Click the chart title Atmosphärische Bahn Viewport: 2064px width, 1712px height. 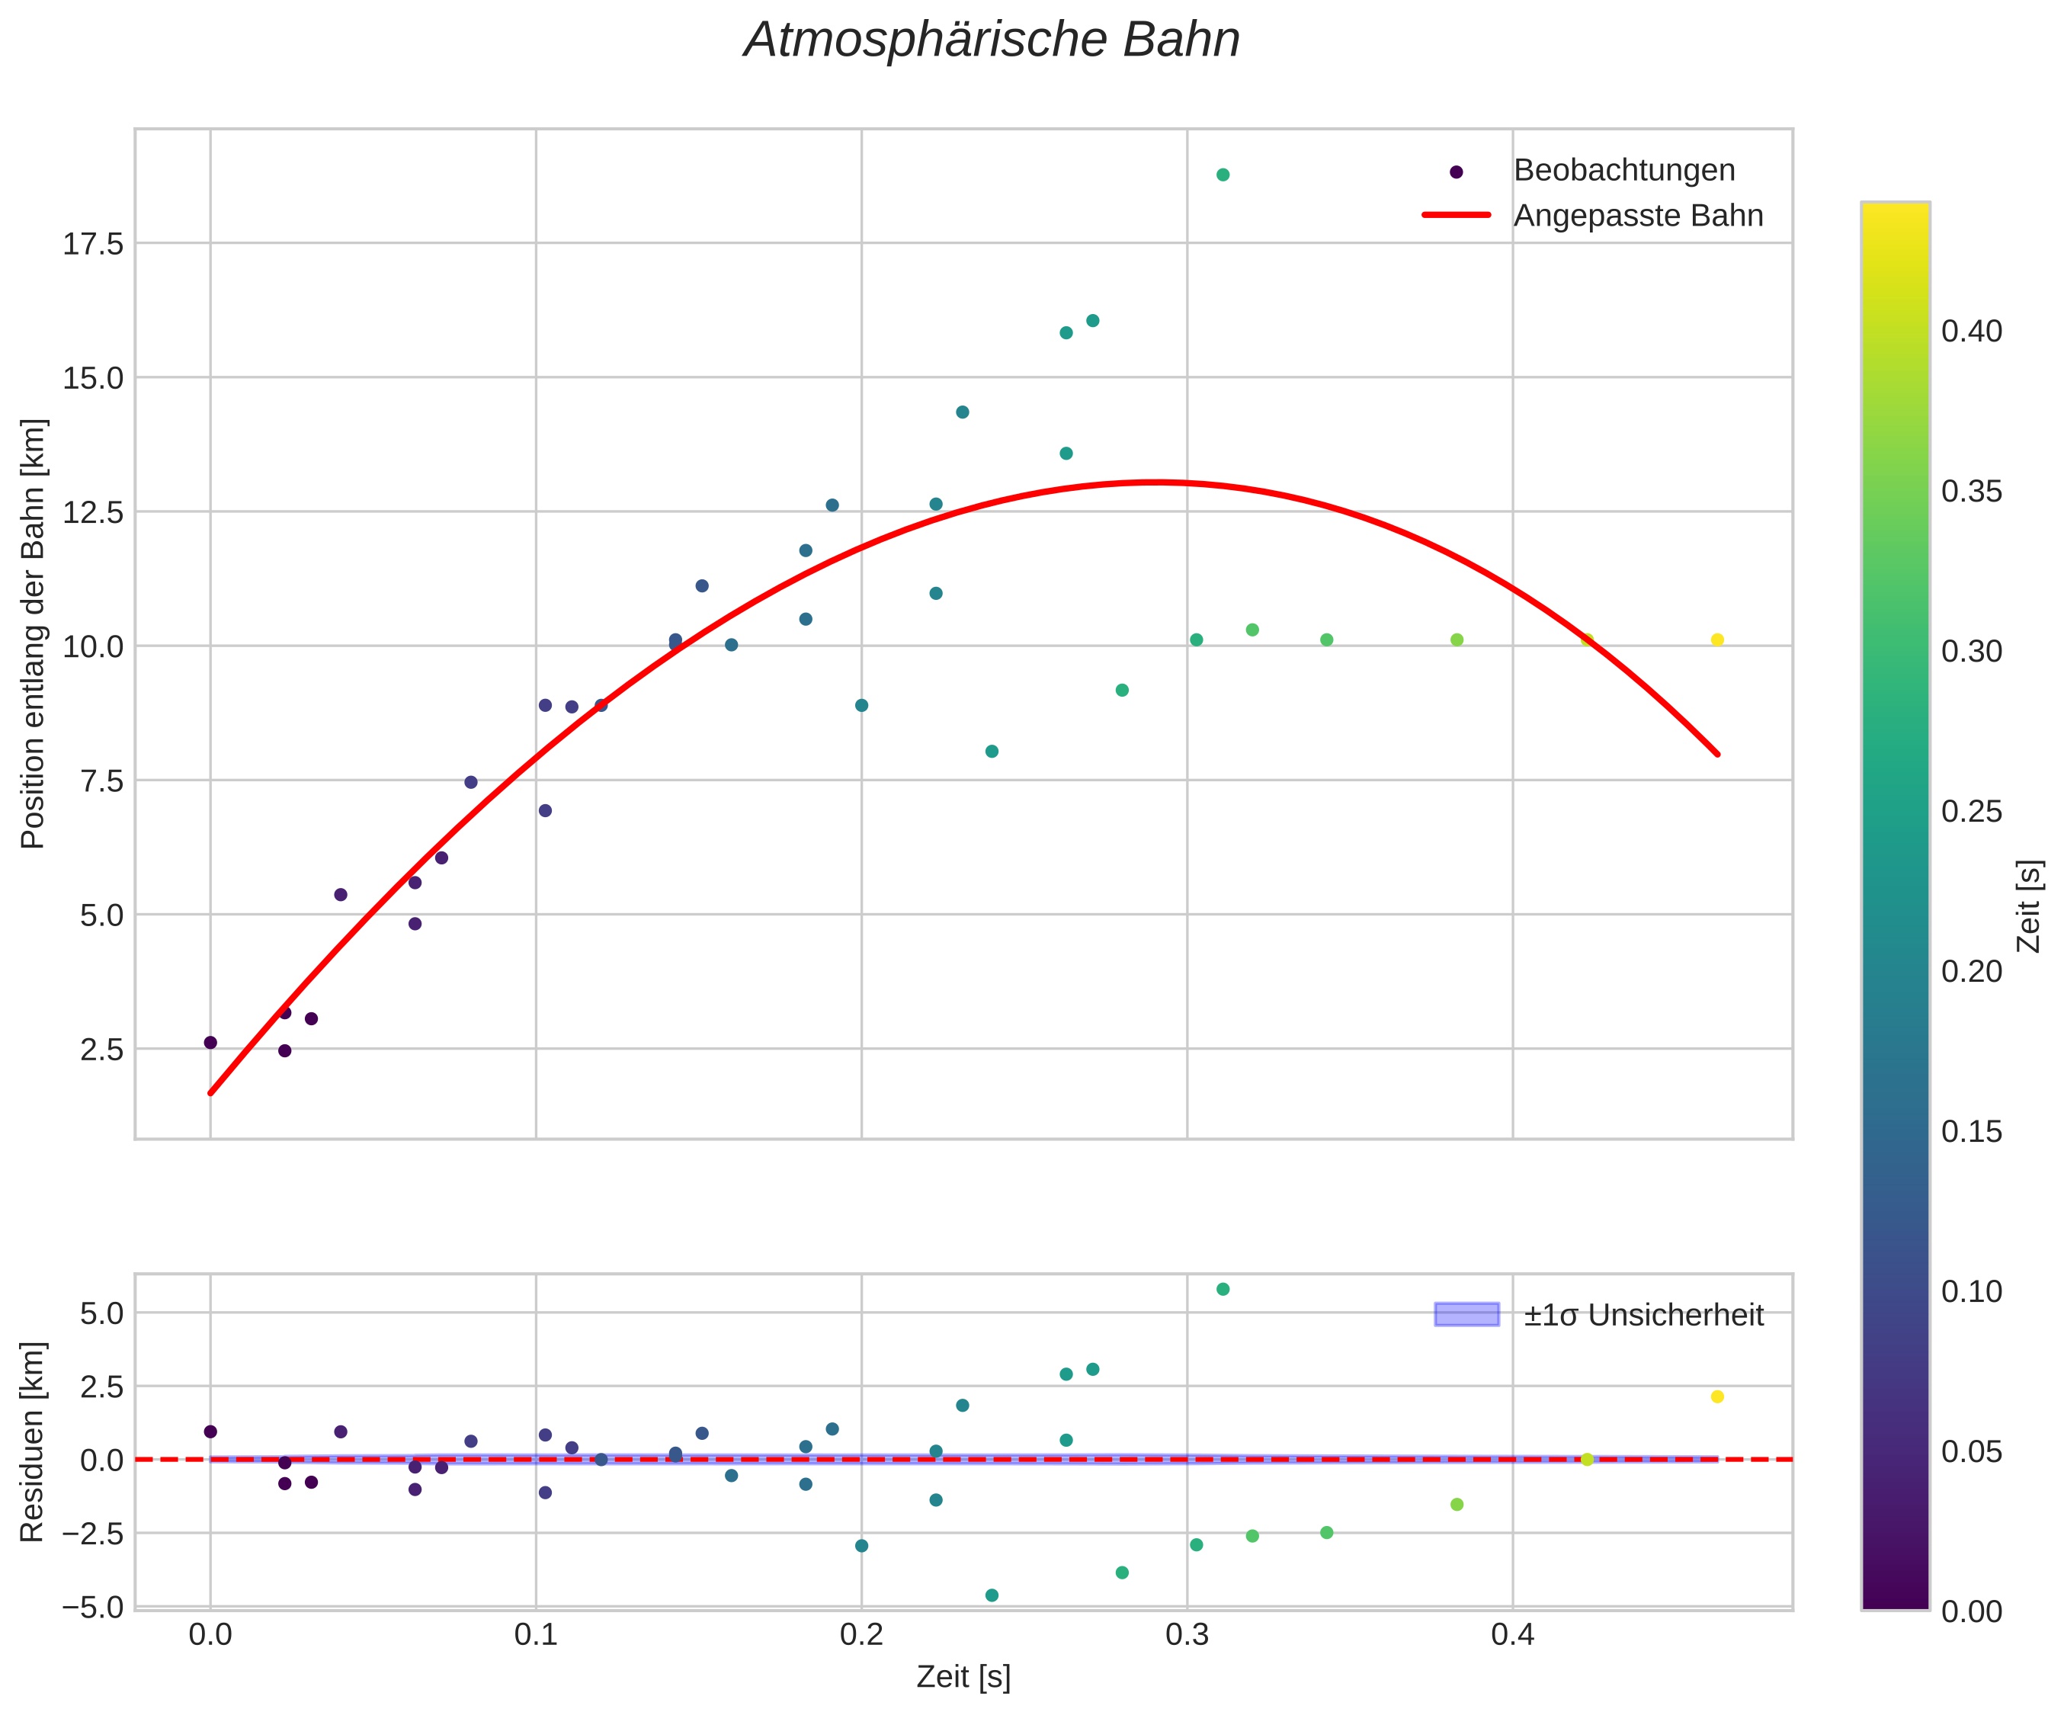pos(992,41)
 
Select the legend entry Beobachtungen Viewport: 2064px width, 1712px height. pos(1623,171)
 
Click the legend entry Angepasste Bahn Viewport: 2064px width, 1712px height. pos(1637,216)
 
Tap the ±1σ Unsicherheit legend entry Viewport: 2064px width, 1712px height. pos(1643,1315)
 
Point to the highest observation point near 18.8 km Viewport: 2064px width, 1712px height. pos(1223,175)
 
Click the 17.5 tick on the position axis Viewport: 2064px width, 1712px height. pos(94,244)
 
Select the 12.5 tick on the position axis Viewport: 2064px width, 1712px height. pos(94,512)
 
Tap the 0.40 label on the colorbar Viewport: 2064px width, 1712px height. pos(1970,332)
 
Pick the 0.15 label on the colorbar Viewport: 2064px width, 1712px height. pos(1970,1131)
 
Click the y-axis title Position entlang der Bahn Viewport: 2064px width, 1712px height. pos(34,634)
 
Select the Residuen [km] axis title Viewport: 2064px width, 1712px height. pos(34,1441)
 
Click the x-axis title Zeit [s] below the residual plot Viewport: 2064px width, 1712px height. pos(963,1678)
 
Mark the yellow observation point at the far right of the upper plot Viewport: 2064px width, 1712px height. pos(1717,640)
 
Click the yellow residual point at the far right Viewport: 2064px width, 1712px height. pos(1717,1396)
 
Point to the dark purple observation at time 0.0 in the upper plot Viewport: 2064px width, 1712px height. pos(210,1043)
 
